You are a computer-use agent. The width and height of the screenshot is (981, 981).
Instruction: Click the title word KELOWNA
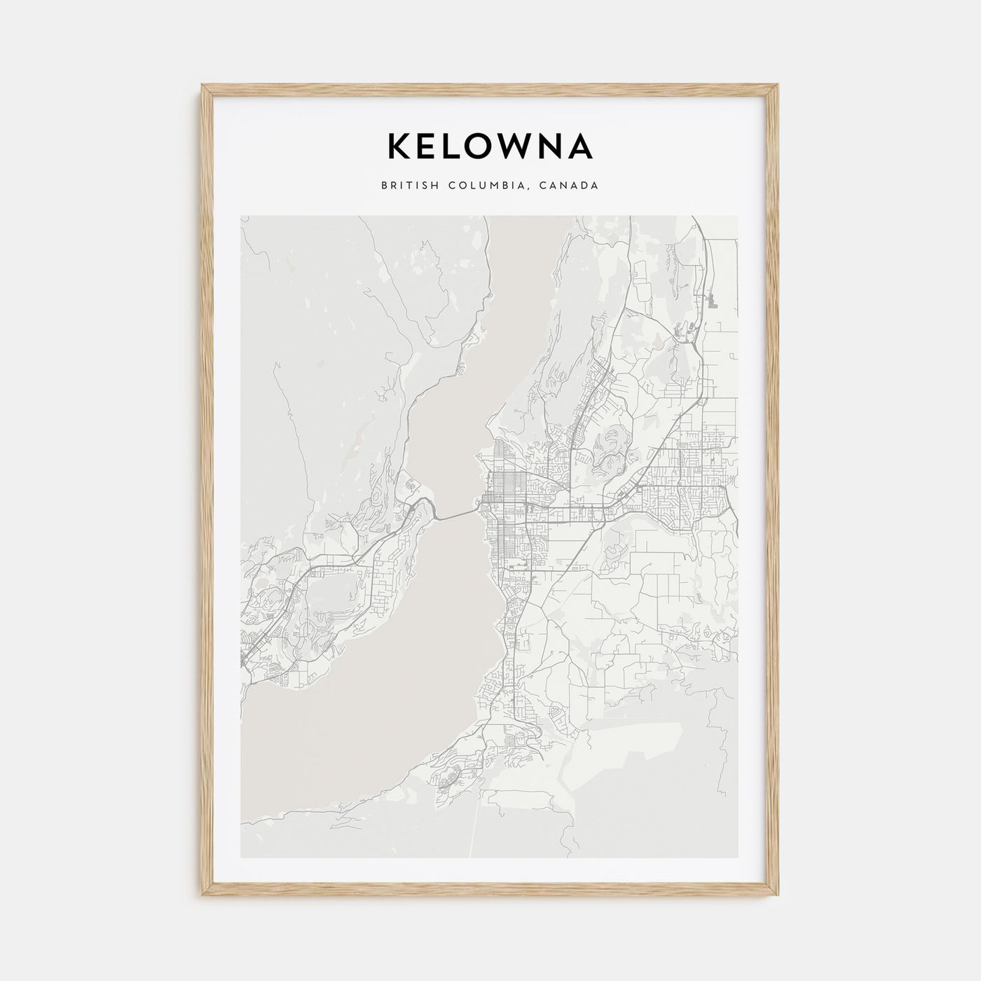click(490, 146)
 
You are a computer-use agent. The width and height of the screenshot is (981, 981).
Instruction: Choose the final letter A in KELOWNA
click(581, 146)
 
